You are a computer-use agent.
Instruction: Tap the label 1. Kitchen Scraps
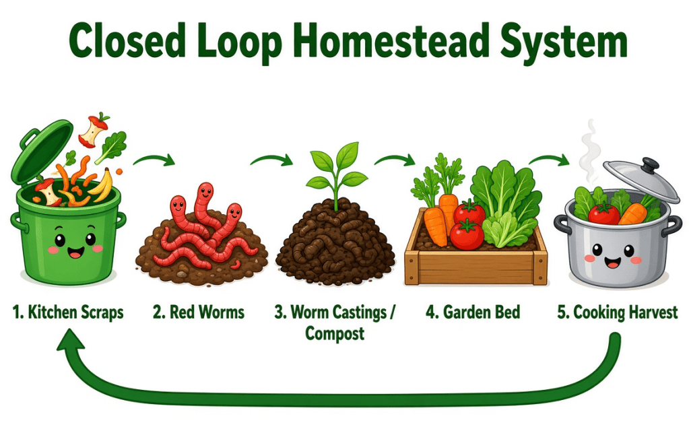tap(68, 312)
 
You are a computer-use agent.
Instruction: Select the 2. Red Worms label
tap(199, 312)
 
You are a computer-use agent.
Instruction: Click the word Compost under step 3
tap(335, 333)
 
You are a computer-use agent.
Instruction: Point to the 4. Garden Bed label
tap(473, 312)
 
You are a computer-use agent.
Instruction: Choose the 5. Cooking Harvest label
tap(618, 312)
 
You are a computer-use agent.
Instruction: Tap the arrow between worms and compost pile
tap(272, 160)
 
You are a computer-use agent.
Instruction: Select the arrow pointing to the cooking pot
tap(550, 160)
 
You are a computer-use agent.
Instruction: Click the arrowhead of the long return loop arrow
tap(70, 340)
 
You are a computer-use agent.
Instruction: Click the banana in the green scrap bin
tap(102, 186)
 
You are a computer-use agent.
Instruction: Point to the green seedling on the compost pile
tap(337, 174)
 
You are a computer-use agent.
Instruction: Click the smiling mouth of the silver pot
tap(612, 263)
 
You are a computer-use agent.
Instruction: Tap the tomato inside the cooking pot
tap(603, 213)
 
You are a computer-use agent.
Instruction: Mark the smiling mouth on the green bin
tap(75, 252)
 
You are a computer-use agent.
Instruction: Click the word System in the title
tap(564, 42)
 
